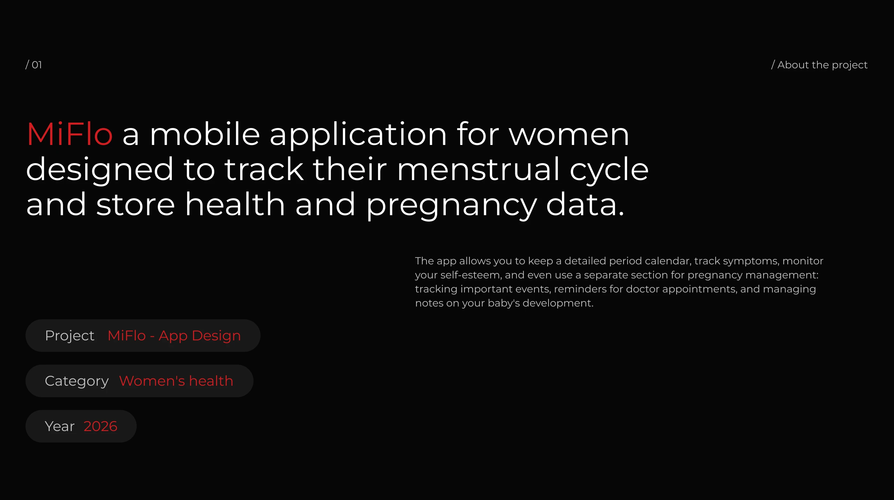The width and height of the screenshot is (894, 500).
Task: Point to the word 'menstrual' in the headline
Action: click(x=478, y=169)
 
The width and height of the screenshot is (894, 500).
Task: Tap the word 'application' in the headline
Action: click(x=358, y=135)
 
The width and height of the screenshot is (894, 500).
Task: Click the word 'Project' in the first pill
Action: click(x=70, y=336)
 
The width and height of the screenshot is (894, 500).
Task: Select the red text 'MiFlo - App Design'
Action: click(x=174, y=336)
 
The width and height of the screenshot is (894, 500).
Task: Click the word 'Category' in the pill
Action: click(x=77, y=381)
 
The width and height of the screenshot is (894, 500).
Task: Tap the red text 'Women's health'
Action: click(x=176, y=381)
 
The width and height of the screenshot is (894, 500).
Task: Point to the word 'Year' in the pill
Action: click(x=60, y=427)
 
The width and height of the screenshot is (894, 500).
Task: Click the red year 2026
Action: click(x=100, y=427)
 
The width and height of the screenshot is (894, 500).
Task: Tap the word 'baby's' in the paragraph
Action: click(x=504, y=303)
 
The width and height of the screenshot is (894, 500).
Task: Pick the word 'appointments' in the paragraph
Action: click(x=699, y=289)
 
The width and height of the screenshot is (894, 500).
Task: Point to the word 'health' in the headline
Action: click(x=235, y=204)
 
